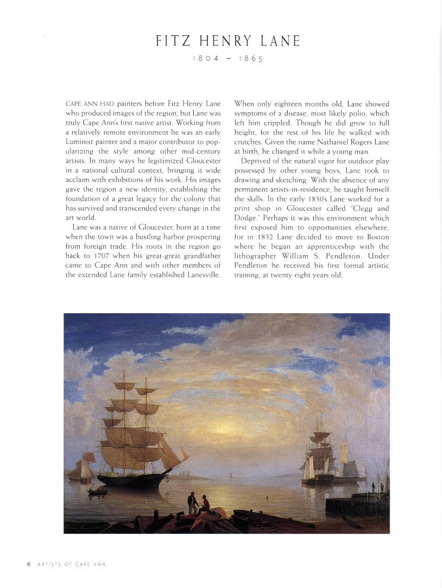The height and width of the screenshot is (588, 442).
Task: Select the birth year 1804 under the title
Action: pyautogui.click(x=205, y=59)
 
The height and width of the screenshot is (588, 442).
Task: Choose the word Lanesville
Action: pyautogui.click(x=201, y=275)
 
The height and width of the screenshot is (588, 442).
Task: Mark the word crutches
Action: pyautogui.click(x=248, y=142)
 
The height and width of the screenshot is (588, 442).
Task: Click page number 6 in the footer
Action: pyautogui.click(x=29, y=564)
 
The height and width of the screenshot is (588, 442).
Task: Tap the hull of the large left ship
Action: pyautogui.click(x=134, y=480)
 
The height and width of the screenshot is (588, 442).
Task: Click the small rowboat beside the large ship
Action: pyautogui.click(x=98, y=492)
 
